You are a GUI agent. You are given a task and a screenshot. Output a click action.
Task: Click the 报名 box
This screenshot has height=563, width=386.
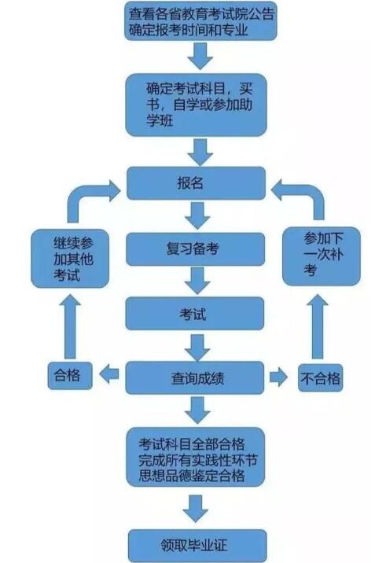[197, 184]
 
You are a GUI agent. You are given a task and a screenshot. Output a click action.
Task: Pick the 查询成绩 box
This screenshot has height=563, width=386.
[197, 377]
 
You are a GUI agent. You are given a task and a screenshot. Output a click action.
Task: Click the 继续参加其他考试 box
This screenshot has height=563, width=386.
[68, 258]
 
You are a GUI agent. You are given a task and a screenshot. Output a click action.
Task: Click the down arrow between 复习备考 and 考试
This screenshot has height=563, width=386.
[197, 281]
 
